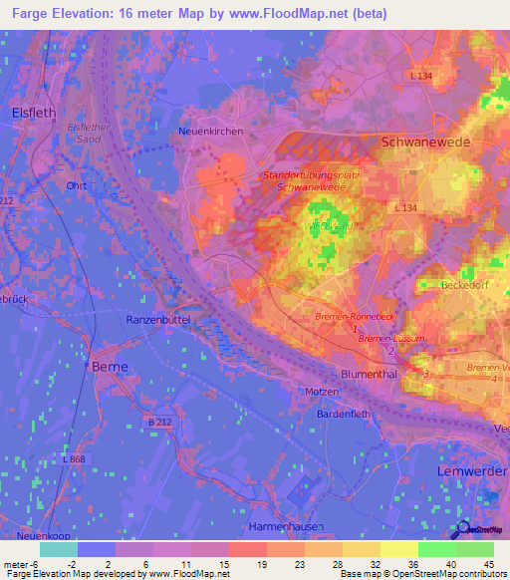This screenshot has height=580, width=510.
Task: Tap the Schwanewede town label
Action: [x=426, y=143]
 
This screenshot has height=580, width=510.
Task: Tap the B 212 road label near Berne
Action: [x=161, y=424]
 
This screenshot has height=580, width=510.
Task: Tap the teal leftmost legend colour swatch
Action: [x=59, y=549]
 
